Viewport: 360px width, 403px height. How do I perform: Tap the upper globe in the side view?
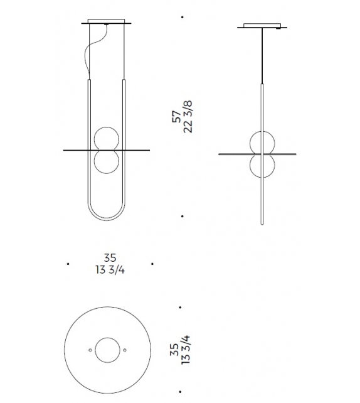(x=262, y=142)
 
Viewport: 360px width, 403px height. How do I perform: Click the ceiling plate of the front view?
(x=107, y=23)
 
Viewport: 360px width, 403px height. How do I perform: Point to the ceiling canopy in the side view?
(x=262, y=26)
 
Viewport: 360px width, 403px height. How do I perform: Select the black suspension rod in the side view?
(x=262, y=56)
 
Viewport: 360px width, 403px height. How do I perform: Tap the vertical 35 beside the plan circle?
(x=174, y=350)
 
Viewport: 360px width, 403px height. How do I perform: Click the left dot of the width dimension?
(x=68, y=264)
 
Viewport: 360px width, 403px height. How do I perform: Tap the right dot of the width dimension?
(x=152, y=264)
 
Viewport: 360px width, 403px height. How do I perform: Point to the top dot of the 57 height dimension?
(x=181, y=17)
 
